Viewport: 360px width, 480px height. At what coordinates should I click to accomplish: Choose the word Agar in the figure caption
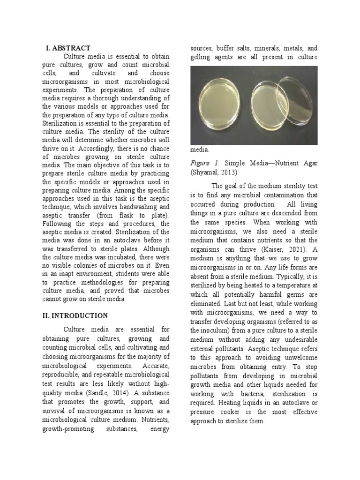pyautogui.click(x=307, y=163)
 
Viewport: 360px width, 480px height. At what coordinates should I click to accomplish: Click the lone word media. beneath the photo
pyautogui.click(x=200, y=150)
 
